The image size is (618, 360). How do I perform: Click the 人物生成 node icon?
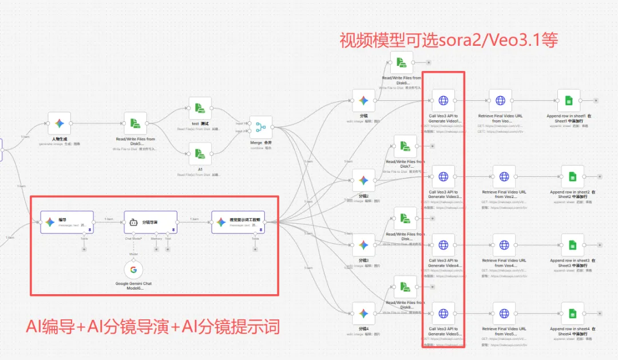pos(60,123)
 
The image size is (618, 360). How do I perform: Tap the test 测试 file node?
pos(200,108)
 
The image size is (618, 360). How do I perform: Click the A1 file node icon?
pos(200,154)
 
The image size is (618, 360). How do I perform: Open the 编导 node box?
pos(66,222)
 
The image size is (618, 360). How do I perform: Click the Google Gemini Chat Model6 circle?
pos(133,270)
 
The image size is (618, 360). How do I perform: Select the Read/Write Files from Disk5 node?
pos(135,123)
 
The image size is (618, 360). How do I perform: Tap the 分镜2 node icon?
pos(363,180)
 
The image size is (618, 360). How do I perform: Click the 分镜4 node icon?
pos(363,313)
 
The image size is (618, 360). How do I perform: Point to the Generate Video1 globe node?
pos(443,100)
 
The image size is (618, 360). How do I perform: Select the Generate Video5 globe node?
pos(443,313)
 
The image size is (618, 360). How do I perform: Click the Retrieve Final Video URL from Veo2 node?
pos(504,177)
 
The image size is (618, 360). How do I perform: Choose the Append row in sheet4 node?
pos(572,313)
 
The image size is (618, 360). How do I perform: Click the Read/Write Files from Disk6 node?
pos(402,62)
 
